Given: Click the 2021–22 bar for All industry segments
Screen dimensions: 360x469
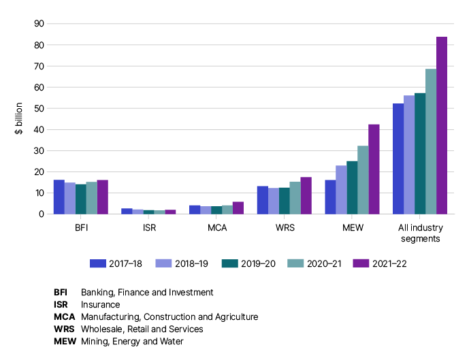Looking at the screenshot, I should pyautogui.click(x=442, y=125).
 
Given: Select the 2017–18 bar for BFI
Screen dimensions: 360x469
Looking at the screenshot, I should pyautogui.click(x=59, y=197).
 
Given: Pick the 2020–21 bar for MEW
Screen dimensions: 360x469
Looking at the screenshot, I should pyautogui.click(x=363, y=180).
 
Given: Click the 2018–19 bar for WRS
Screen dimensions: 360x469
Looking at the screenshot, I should pyautogui.click(x=274, y=201).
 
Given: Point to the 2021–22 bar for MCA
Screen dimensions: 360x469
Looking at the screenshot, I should pyautogui.click(x=238, y=208).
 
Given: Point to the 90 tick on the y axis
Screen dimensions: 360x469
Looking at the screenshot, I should pyautogui.click(x=38, y=24).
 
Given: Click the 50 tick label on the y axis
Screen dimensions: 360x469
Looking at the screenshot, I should pyautogui.click(x=38, y=109).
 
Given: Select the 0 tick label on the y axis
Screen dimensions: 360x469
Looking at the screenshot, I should pyautogui.click(x=41, y=214).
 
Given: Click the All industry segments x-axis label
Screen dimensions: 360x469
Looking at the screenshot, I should pyautogui.click(x=420, y=233).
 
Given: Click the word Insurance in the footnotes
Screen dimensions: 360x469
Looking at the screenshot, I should pyautogui.click(x=100, y=305).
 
